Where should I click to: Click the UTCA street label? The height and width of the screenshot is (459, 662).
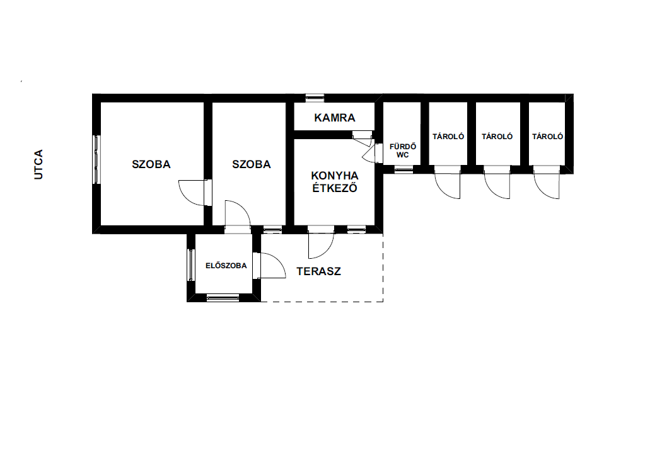(x=38, y=164)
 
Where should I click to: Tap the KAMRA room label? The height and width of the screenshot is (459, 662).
(x=334, y=118)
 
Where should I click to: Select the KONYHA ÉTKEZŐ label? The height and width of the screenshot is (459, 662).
(x=334, y=182)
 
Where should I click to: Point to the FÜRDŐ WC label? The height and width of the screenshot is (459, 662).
(x=402, y=150)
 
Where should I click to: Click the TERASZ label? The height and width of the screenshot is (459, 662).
(x=318, y=271)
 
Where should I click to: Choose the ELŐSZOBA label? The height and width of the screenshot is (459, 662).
(x=226, y=266)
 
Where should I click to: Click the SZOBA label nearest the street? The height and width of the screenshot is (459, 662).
(x=151, y=164)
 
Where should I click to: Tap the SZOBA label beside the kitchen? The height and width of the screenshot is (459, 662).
(x=251, y=164)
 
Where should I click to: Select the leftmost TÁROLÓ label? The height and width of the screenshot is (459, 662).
(x=448, y=136)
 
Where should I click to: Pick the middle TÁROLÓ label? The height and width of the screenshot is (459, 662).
(x=497, y=136)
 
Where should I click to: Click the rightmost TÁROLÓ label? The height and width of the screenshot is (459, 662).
(x=547, y=136)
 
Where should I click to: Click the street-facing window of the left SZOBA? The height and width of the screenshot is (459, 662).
(x=96, y=159)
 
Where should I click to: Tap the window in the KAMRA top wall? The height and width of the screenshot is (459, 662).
(x=315, y=98)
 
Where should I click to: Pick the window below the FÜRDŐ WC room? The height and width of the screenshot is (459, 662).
(x=404, y=170)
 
